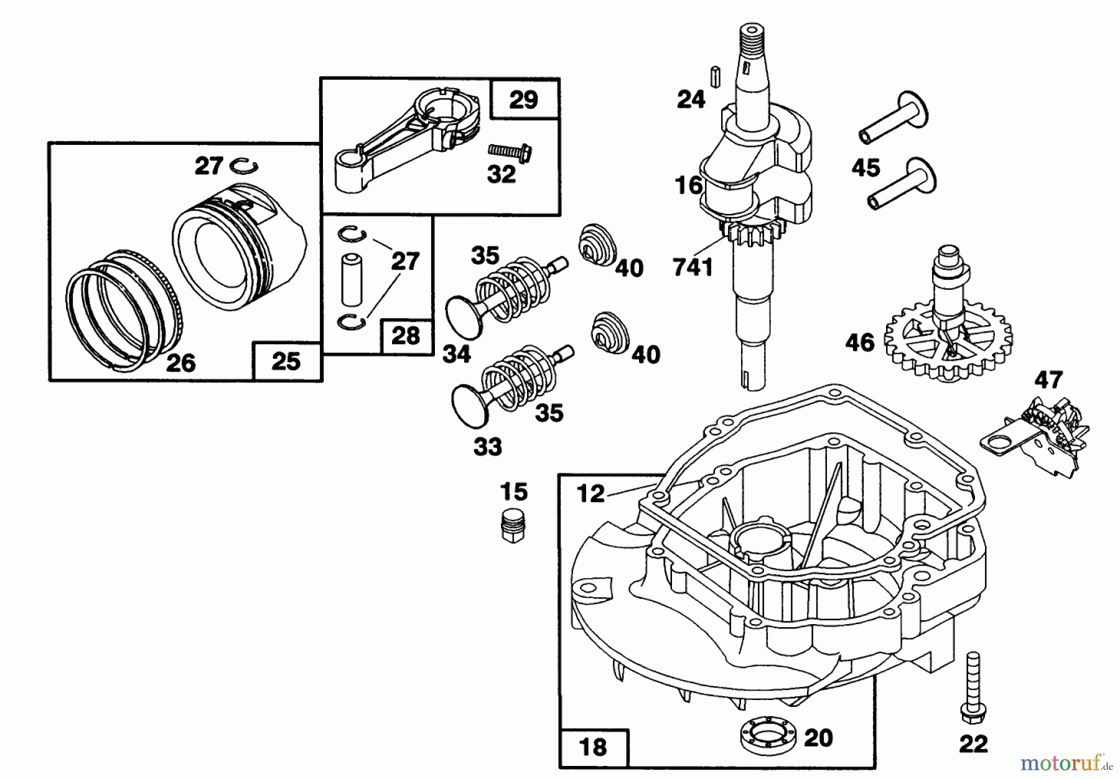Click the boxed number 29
[523, 100]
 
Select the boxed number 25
[286, 362]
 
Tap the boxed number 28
[406, 337]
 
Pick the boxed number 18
[592, 747]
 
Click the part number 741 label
[693, 268]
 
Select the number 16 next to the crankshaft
[689, 185]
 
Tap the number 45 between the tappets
[866, 167]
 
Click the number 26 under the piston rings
[180, 363]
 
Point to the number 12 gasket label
[590, 493]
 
